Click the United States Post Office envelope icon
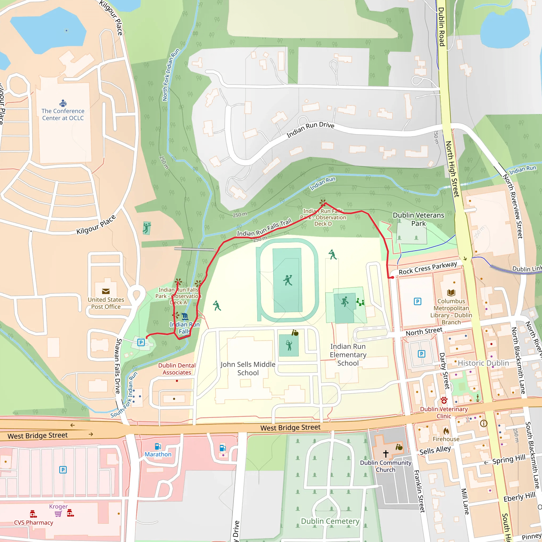tap(106, 291)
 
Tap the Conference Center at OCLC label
tap(63, 114)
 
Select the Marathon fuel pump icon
tap(158, 446)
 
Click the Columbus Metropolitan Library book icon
tap(451, 293)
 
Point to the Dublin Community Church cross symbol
tap(386, 454)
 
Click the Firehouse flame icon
tap(446, 431)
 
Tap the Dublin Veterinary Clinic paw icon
tap(444, 400)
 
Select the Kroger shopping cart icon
tap(58, 514)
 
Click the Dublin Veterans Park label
tap(418, 219)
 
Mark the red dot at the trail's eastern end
tap(393, 277)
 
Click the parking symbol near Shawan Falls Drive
tap(141, 342)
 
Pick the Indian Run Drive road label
tap(310, 130)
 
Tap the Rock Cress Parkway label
tap(428, 268)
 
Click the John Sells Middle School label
tap(248, 368)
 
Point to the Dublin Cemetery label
tap(330, 521)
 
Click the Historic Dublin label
tap(483, 363)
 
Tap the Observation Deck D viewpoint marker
tap(323, 202)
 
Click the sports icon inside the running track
tap(288, 280)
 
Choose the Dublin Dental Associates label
tap(177, 369)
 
